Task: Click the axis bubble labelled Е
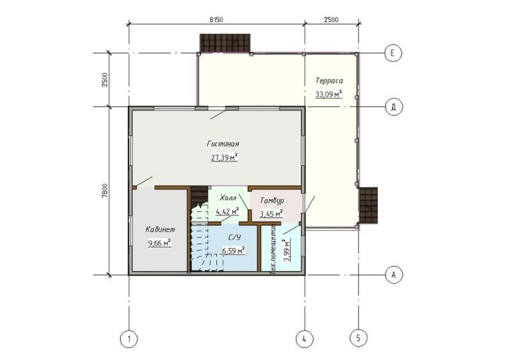[393, 53]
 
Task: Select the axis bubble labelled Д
[394, 107]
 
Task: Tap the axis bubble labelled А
[394, 275]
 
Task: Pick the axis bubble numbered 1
[129, 339]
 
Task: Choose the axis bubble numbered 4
[305, 339]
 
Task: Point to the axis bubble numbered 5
[358, 338]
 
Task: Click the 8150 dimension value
[216, 19]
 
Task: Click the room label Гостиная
[223, 144]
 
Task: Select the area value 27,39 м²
[225, 157]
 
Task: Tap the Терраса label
[329, 81]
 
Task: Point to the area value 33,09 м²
[328, 95]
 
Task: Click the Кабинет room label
[160, 230]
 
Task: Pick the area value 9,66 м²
[159, 243]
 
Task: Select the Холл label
[228, 198]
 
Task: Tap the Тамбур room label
[272, 201]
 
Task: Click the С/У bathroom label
[235, 238]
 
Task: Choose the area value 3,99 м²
[287, 250]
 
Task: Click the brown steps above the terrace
[225, 43]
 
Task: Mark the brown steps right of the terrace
[369, 205]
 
